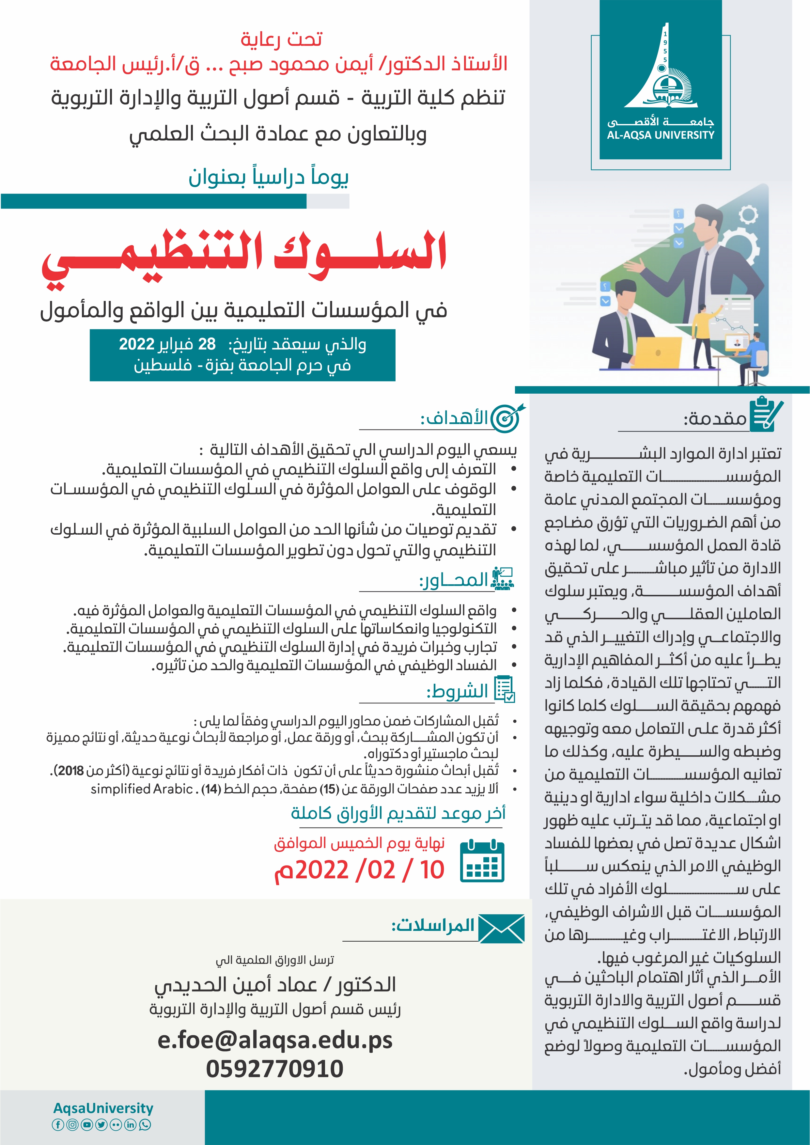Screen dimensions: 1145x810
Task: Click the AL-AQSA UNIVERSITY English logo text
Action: (x=661, y=135)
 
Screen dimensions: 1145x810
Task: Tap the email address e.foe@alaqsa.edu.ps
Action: (x=275, y=1040)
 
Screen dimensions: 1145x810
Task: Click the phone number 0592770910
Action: (x=275, y=1069)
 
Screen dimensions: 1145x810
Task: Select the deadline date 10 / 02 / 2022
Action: (x=359, y=870)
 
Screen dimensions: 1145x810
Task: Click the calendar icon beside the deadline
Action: (x=482, y=861)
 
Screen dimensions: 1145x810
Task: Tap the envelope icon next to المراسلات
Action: (x=501, y=929)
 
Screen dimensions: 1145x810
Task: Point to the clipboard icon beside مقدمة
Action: (x=766, y=414)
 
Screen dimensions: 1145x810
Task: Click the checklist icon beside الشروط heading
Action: (x=504, y=690)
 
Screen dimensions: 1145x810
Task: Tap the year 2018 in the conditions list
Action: (x=70, y=771)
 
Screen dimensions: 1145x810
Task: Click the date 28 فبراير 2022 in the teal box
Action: (x=167, y=344)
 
